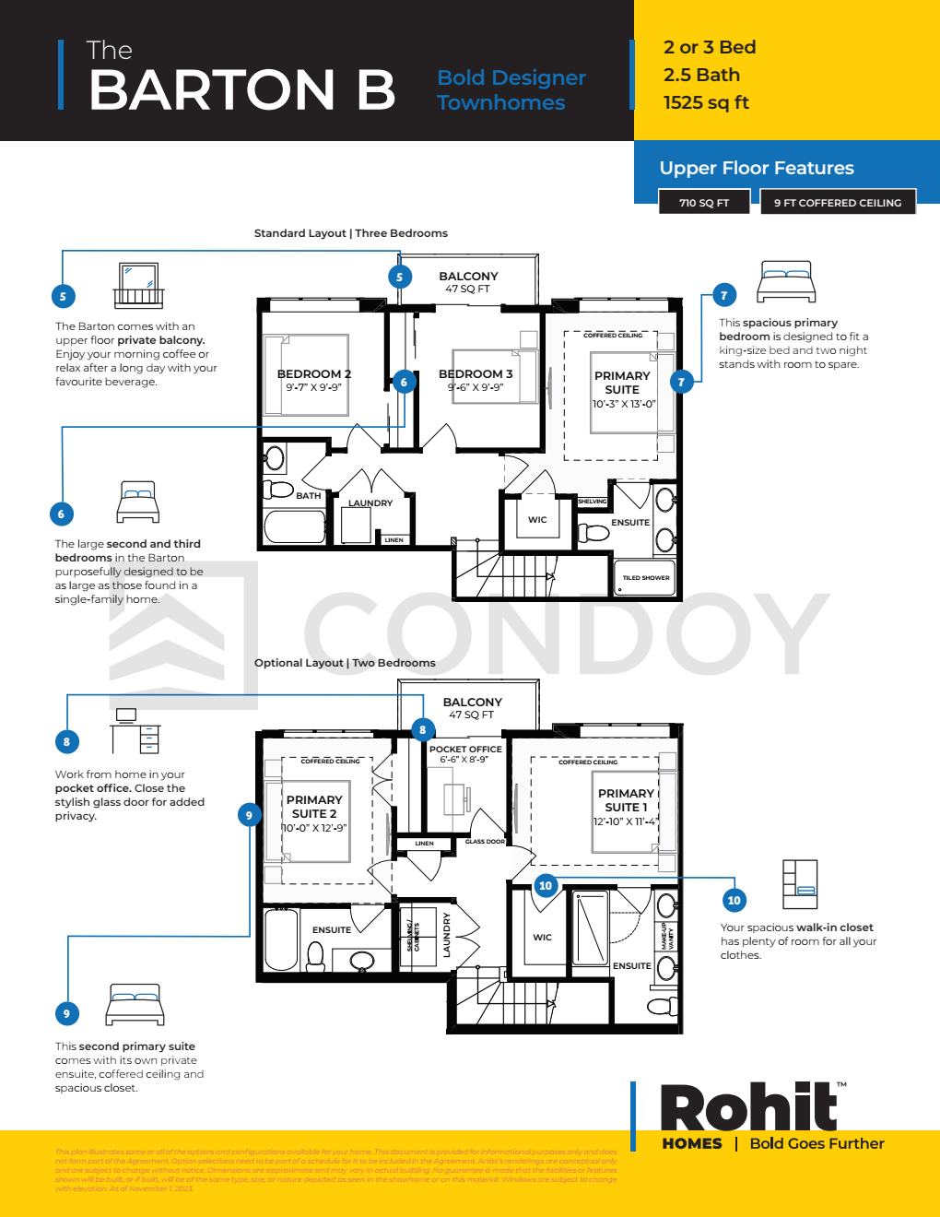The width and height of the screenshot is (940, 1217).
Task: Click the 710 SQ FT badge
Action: click(x=703, y=203)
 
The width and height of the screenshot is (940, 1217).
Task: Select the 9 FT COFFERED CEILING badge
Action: click(x=837, y=203)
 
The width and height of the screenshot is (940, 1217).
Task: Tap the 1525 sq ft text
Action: click(x=706, y=102)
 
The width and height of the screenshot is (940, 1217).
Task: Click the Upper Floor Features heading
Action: click(x=756, y=168)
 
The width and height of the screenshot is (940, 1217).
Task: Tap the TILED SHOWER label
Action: click(x=645, y=578)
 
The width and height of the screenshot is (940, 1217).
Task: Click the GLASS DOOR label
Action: click(x=485, y=842)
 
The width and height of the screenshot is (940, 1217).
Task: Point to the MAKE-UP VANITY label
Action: click(x=666, y=935)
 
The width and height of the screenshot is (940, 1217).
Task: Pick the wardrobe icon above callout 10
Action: click(x=799, y=883)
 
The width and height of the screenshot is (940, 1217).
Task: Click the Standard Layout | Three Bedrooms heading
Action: click(x=350, y=233)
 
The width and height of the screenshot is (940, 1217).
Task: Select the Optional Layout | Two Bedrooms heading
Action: click(x=345, y=663)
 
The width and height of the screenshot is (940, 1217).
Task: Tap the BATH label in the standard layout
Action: click(x=308, y=496)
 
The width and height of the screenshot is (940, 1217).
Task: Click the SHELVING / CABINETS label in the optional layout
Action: click(x=413, y=937)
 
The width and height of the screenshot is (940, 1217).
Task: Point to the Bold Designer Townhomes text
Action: click(x=511, y=90)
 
